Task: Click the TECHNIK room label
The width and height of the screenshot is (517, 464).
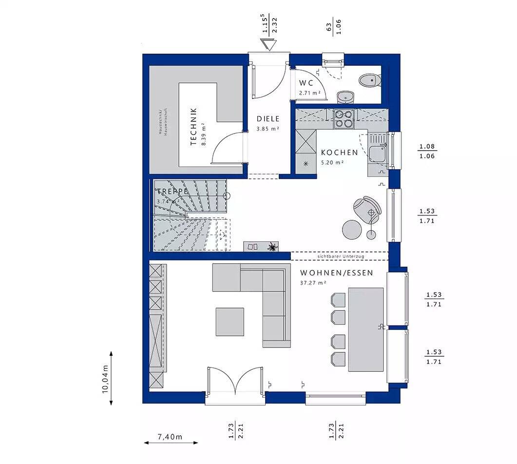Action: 193,126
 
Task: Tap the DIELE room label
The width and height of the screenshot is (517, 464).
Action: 268,118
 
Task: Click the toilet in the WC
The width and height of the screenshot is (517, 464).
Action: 370,79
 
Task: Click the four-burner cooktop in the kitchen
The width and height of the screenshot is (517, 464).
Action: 344,118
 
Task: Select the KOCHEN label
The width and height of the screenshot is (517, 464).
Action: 339,153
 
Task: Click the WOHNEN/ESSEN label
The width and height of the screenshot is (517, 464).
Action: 337,273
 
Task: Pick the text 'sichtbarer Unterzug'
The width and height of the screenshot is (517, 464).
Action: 340,256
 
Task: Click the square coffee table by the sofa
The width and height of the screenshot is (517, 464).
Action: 230,322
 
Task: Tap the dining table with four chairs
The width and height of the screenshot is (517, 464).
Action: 365,329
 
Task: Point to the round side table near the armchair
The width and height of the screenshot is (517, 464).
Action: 351,228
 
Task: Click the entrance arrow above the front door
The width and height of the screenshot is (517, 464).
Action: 268,45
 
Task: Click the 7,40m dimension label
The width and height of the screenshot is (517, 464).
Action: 170,437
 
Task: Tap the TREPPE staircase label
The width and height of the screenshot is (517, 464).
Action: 172,192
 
